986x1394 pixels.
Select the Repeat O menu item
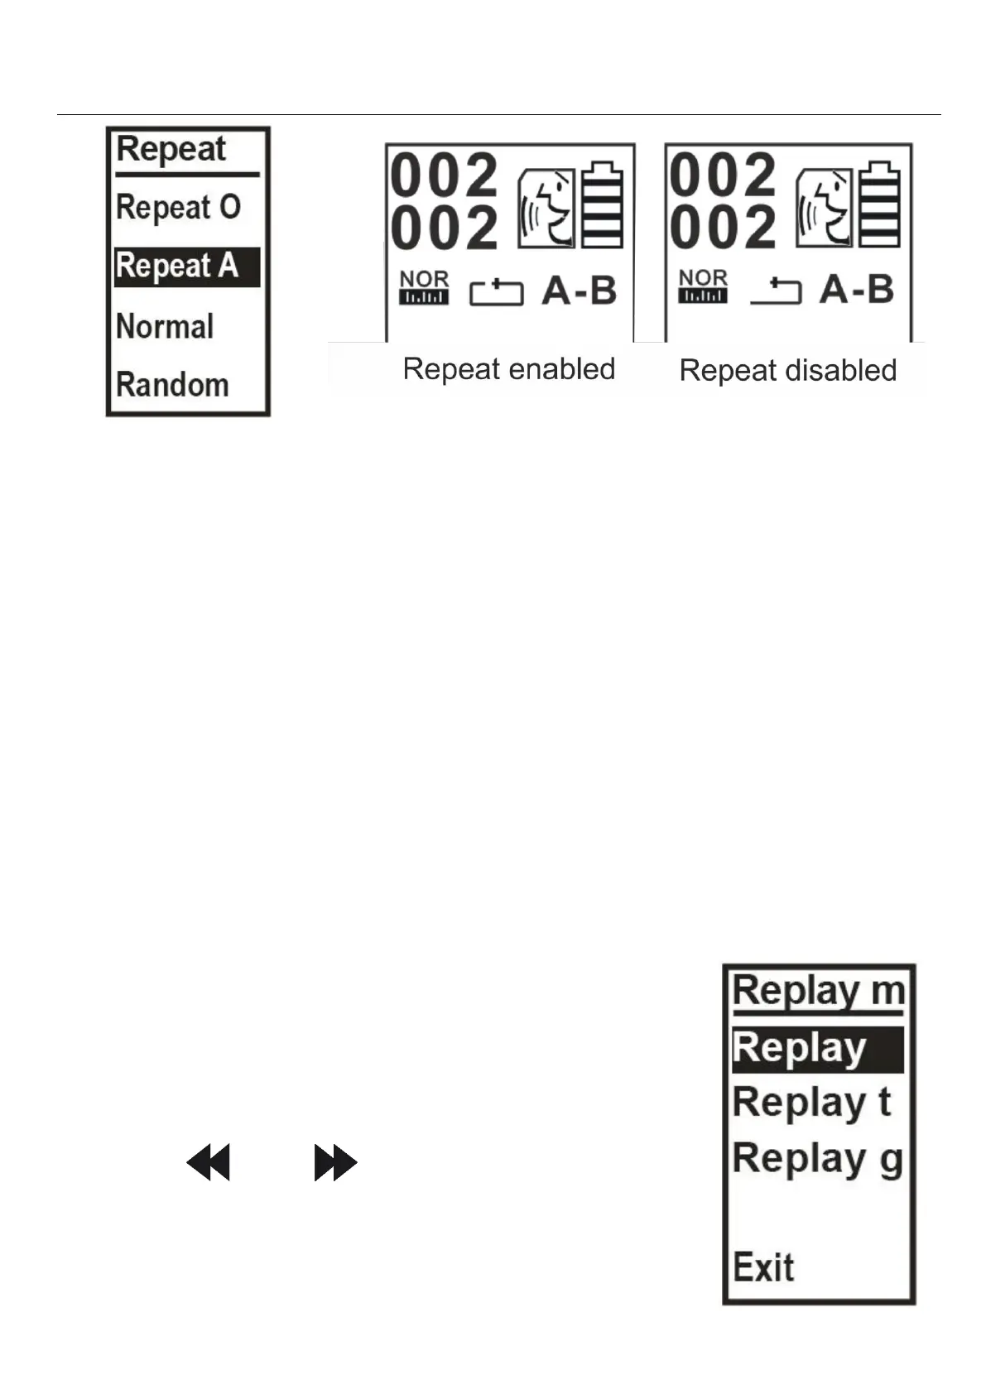pos(178,207)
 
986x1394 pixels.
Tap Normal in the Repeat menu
pos(165,326)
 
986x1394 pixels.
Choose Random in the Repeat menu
pos(172,385)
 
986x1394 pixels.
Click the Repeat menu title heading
pos(171,150)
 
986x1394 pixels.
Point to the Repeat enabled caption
pos(508,369)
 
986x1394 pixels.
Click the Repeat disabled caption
pos(787,370)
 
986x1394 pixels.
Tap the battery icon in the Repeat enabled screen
pos(603,206)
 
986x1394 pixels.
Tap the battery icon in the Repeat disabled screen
pos(880,206)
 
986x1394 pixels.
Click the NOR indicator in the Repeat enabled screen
pos(424,287)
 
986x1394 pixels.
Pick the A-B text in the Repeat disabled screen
pos(857,290)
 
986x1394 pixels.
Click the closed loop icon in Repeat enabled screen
pos(497,293)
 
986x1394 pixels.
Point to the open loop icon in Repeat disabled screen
pos(776,291)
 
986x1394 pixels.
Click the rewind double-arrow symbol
pos(208,1163)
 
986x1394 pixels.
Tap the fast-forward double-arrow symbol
pos(335,1163)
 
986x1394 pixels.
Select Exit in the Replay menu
pos(763,1267)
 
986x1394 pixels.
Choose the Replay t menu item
pos(811,1103)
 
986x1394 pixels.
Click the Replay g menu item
pos(817,1159)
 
